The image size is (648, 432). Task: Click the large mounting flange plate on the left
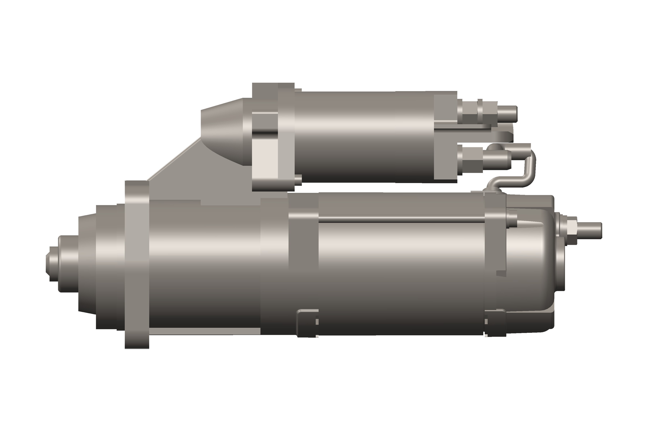(137, 264)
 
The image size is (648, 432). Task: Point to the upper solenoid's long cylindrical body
(364, 137)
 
